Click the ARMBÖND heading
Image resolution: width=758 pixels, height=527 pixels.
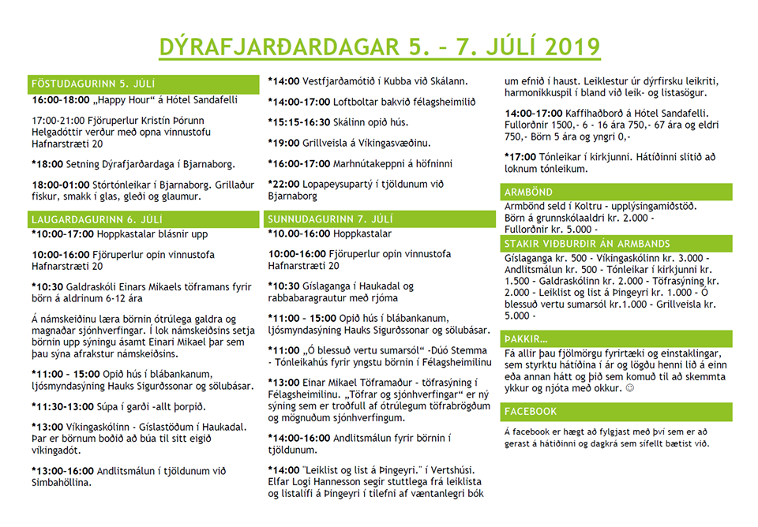click(x=528, y=192)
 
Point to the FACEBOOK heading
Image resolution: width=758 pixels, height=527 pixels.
click(x=531, y=411)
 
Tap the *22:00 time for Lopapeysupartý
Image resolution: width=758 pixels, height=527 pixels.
click(x=283, y=183)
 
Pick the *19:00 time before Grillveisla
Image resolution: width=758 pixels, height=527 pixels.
click(x=283, y=142)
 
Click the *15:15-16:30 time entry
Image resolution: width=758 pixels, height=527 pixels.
click(x=301, y=121)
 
